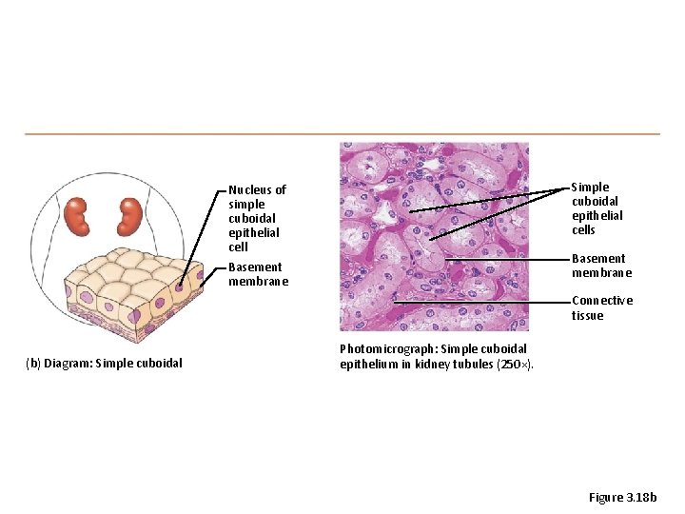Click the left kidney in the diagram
[x=78, y=217]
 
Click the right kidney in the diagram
[x=127, y=216]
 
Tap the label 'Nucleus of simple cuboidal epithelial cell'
[x=257, y=218]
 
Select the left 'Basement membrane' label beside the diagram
[x=255, y=274]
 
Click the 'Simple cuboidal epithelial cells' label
[x=597, y=208]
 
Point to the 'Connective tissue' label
[x=601, y=307]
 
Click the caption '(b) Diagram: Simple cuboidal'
[x=105, y=363]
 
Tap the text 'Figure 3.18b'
[x=622, y=497]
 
